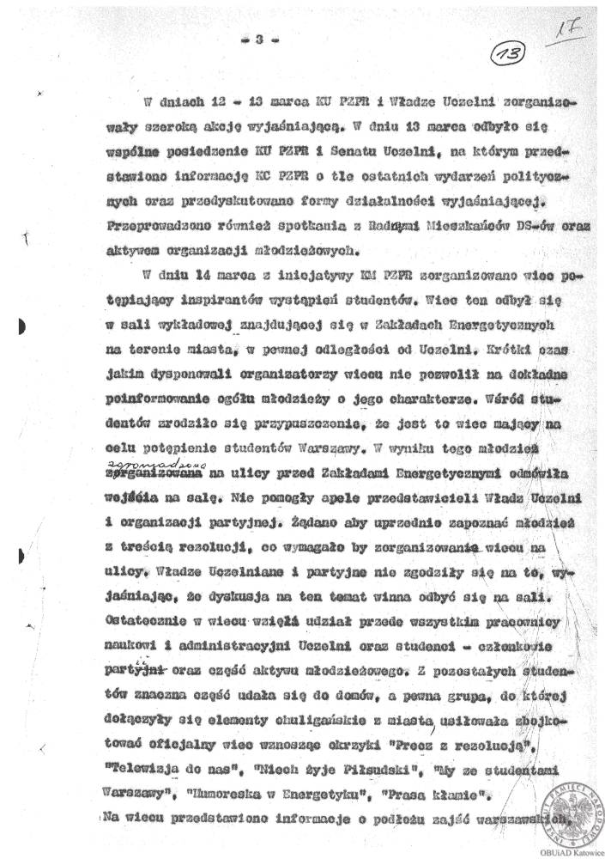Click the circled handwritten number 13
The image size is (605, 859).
pos(511,56)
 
